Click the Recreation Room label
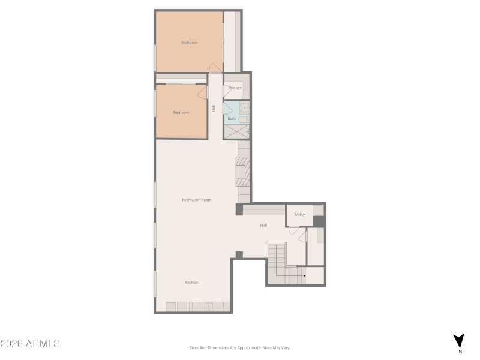(x=197, y=200)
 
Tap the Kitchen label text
(x=191, y=282)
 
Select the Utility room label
(x=300, y=214)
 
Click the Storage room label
(x=235, y=88)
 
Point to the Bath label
(x=232, y=119)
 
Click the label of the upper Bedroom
(x=190, y=43)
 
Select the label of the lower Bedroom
(x=181, y=113)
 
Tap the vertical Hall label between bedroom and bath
(x=214, y=108)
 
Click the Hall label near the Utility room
(x=263, y=226)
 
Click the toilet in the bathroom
(x=244, y=119)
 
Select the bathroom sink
(x=245, y=108)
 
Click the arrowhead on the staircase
(x=305, y=276)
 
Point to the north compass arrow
(x=459, y=340)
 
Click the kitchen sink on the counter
(x=209, y=307)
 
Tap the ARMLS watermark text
(x=30, y=344)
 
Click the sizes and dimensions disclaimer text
(x=240, y=347)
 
